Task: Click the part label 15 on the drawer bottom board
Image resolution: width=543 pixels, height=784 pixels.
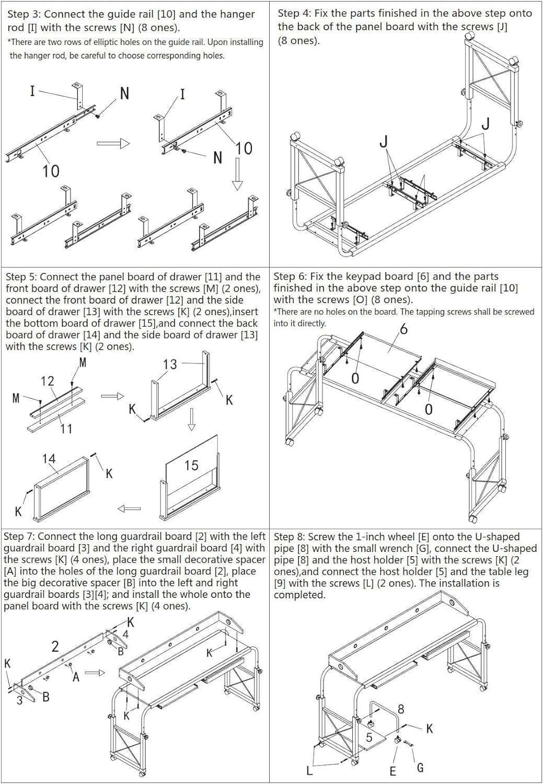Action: point(191,465)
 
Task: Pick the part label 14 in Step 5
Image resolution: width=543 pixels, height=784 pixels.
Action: point(49,459)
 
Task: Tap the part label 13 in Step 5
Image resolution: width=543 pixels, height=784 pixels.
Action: point(170,364)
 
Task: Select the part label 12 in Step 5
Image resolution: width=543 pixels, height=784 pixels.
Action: point(47,381)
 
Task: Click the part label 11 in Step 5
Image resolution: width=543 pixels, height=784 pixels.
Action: point(66,429)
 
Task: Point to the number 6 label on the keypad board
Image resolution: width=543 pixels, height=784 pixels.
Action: point(403,329)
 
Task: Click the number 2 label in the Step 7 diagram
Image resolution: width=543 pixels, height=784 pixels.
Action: point(55,647)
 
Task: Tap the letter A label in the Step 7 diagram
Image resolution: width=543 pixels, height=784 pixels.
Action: point(76,677)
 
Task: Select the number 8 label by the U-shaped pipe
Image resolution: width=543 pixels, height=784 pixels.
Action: point(401,709)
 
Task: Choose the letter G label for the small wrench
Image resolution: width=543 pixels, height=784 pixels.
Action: point(420,768)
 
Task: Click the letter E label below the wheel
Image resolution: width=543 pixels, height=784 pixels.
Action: point(393,771)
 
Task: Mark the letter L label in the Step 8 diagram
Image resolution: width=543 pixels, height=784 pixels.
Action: point(309,770)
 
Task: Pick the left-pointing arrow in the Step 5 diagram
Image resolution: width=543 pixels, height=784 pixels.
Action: point(129,509)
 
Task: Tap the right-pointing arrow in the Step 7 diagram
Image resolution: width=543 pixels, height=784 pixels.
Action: point(95,673)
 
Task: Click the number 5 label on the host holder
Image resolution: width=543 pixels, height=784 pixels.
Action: point(369,737)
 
